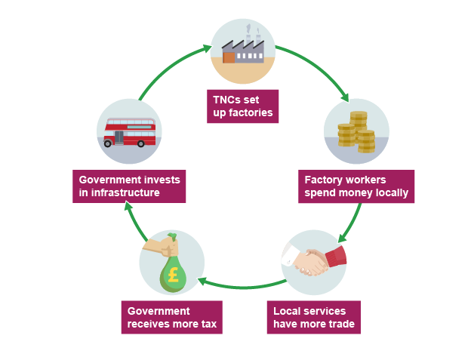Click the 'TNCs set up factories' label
click(242, 106)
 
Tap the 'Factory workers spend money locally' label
click(356, 186)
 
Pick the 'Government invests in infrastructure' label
click(130, 186)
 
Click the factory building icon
click(242, 50)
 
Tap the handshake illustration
click(313, 261)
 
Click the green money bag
click(173, 272)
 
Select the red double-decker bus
click(130, 132)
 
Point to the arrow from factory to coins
click(317, 68)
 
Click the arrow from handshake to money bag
click(242, 286)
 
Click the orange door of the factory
click(229, 57)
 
